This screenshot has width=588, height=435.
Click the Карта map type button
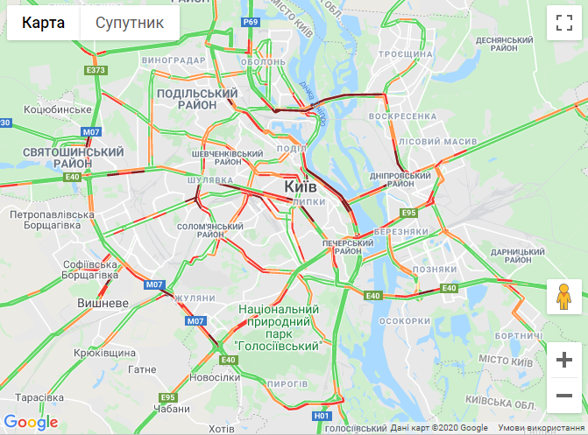tap(43, 23)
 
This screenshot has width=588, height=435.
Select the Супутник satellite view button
tap(130, 23)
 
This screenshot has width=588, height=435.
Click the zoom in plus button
tap(563, 359)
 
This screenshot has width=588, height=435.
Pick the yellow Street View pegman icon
tap(563, 298)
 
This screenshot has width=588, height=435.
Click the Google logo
tap(32, 423)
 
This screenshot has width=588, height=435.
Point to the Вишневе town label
tap(103, 303)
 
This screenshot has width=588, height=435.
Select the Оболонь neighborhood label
tap(263, 62)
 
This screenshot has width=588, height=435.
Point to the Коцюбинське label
tap(59, 109)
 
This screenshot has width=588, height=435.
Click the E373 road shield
tap(96, 70)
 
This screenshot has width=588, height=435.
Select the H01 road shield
tap(322, 416)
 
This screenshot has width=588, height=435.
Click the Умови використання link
tap(540, 428)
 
